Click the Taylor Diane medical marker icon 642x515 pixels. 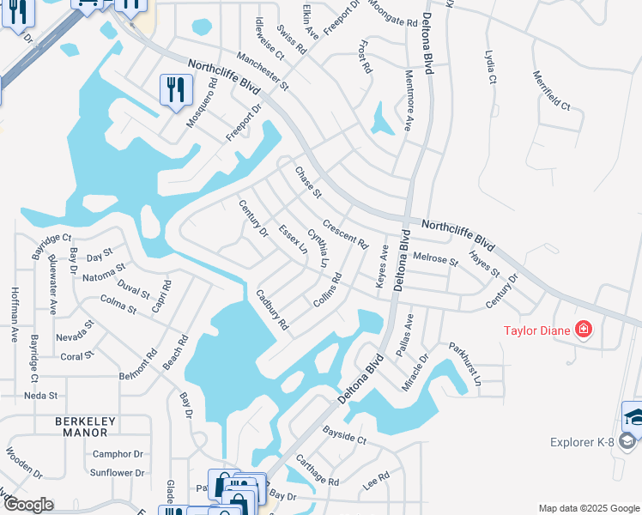tap(584, 329)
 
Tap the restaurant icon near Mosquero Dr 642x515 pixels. tap(176, 90)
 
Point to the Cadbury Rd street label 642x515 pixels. tap(272, 310)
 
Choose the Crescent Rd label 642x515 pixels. tap(345, 231)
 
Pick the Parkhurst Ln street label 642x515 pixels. tap(464, 369)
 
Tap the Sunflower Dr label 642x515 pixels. tap(118, 473)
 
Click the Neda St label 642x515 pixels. tap(40, 396)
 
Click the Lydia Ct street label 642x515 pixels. tap(492, 66)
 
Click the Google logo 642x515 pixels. tap(27, 505)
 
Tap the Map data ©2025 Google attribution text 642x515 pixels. tap(588, 508)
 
